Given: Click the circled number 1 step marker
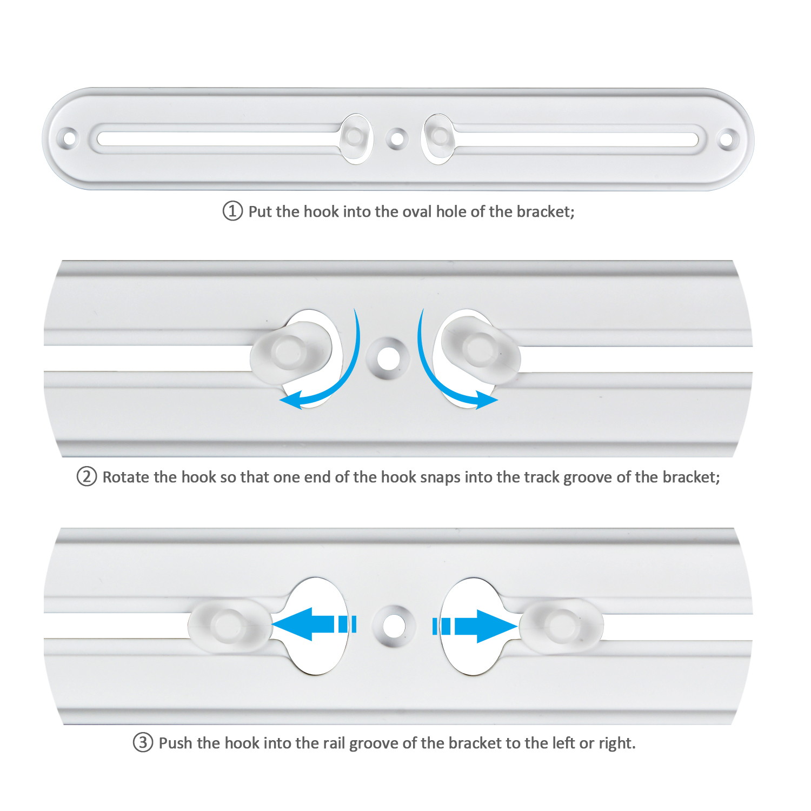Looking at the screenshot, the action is point(232,211).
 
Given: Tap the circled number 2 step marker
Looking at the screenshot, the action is point(87,477).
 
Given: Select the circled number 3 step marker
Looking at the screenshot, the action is point(143,742).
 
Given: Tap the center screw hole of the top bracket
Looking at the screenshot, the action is point(397,138).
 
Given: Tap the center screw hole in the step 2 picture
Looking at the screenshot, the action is point(388,357).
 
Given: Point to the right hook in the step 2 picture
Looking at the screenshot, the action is point(481,349).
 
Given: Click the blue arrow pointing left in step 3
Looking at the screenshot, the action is point(314,624).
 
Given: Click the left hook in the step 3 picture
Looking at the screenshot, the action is point(230,624).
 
